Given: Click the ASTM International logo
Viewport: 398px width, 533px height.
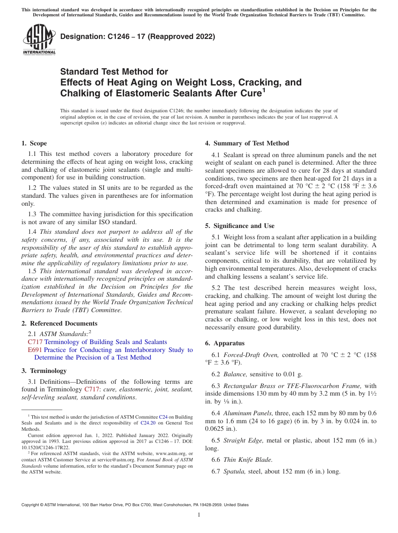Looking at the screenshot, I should coord(39,39).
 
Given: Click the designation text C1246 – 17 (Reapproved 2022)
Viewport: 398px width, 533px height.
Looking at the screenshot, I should coord(137,37).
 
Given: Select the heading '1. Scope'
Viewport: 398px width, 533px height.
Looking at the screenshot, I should coord(34,143).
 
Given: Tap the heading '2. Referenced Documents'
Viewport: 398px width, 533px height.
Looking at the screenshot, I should coord(59,323).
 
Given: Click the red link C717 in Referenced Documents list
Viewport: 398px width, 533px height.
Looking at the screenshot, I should coord(35,342).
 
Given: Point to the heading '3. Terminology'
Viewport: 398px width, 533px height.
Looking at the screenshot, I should coord(44,371).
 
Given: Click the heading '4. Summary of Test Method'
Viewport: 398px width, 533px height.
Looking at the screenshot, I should coord(247,143).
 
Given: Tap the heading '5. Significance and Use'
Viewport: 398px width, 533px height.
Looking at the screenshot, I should coord(240,226).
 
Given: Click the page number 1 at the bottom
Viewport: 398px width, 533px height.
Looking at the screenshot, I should coord(199,515).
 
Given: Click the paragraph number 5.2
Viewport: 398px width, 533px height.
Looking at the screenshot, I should coord(217,288).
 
